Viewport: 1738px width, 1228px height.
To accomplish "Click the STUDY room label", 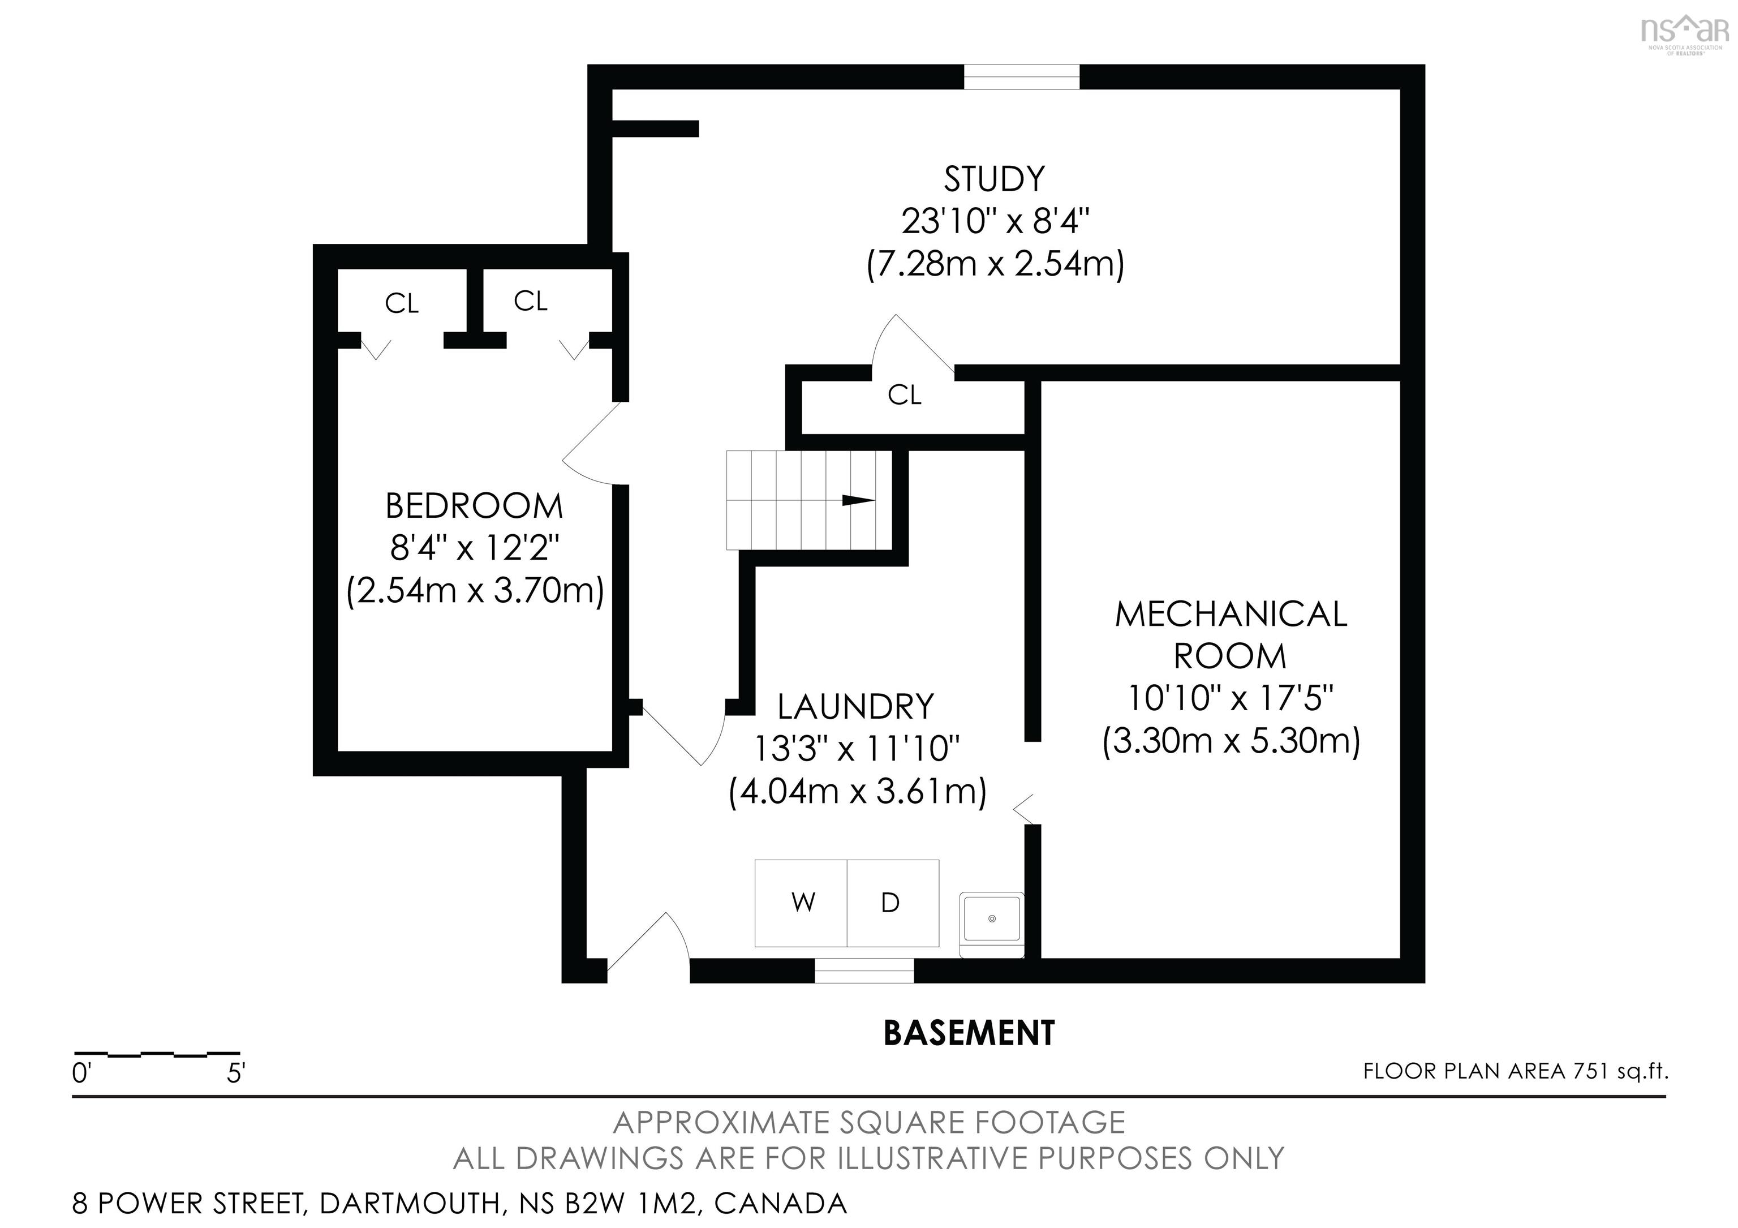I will (x=994, y=179).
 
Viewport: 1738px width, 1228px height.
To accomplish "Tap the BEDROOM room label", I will (x=474, y=506).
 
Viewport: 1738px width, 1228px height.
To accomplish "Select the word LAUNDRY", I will (x=855, y=707).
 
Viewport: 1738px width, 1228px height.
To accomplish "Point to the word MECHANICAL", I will (x=1231, y=615).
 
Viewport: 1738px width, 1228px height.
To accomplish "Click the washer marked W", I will (x=802, y=903).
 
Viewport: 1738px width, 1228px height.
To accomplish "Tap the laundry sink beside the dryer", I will (x=991, y=918).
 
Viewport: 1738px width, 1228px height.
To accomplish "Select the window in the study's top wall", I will (x=1021, y=77).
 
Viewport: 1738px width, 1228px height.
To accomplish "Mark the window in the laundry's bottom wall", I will (x=864, y=971).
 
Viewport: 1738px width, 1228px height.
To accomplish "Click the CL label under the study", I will (x=905, y=395).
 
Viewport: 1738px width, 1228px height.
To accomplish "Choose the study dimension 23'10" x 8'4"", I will (x=995, y=222).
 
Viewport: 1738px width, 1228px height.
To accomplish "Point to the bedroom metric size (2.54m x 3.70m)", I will (x=475, y=591).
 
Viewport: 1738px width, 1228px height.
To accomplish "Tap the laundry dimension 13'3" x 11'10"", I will (x=856, y=749).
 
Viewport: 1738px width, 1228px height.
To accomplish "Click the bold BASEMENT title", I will (x=969, y=1033).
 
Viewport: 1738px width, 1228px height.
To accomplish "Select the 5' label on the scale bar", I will (x=236, y=1074).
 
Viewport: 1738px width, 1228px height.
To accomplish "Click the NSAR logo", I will (x=1684, y=34).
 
